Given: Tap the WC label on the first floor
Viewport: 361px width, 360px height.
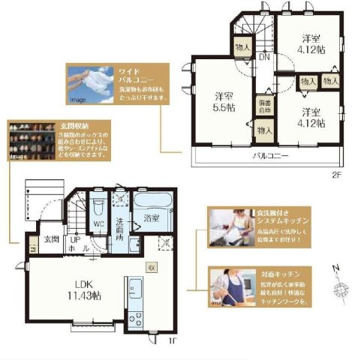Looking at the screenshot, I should click(x=97, y=223).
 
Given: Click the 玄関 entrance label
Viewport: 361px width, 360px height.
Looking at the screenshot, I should click(x=50, y=239).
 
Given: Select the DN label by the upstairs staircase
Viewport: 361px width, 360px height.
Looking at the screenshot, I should click(x=264, y=56).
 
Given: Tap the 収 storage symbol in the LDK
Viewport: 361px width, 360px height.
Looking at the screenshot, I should click(x=151, y=266).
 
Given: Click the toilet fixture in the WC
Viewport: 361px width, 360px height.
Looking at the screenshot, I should click(x=97, y=205).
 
